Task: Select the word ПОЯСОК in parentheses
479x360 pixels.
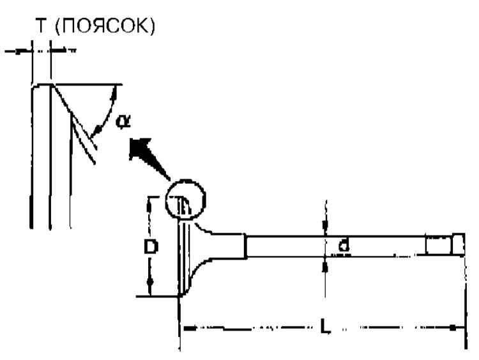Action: tap(103, 29)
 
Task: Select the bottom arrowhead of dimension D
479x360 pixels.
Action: tap(150, 282)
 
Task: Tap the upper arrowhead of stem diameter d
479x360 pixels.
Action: tap(326, 225)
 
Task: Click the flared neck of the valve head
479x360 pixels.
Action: tap(211, 246)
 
